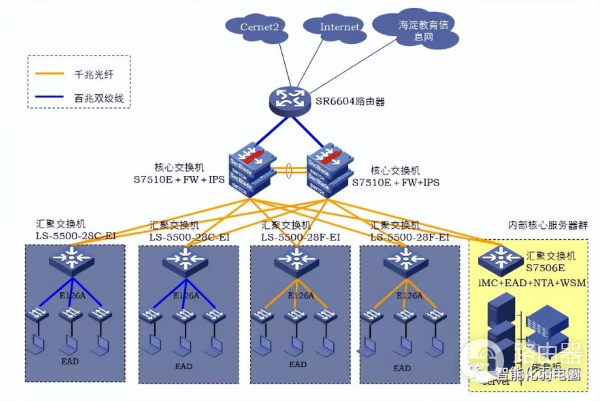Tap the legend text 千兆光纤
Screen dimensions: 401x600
click(97, 75)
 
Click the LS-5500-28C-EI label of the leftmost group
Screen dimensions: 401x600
click(77, 236)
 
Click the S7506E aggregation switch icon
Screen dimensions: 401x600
click(496, 259)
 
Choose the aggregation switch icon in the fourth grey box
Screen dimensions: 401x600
click(405, 263)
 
